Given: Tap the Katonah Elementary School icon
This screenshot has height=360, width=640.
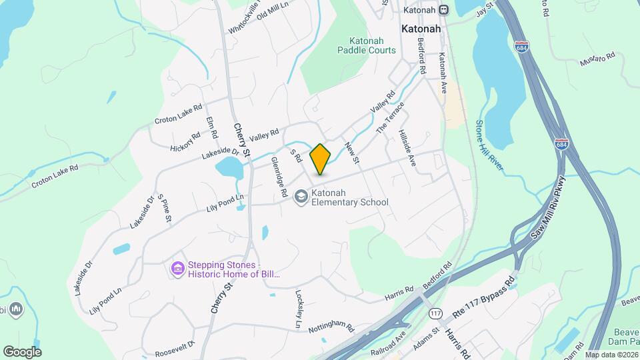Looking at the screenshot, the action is [301, 197].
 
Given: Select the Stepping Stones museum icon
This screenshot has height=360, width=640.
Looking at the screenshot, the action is [177, 269].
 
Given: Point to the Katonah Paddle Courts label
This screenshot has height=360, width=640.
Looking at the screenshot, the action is [366, 45].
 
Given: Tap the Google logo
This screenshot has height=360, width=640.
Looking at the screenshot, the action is [22, 351].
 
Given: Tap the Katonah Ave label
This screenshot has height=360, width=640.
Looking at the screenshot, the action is [441, 69].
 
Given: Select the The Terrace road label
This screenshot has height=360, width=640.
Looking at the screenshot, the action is [391, 117].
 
